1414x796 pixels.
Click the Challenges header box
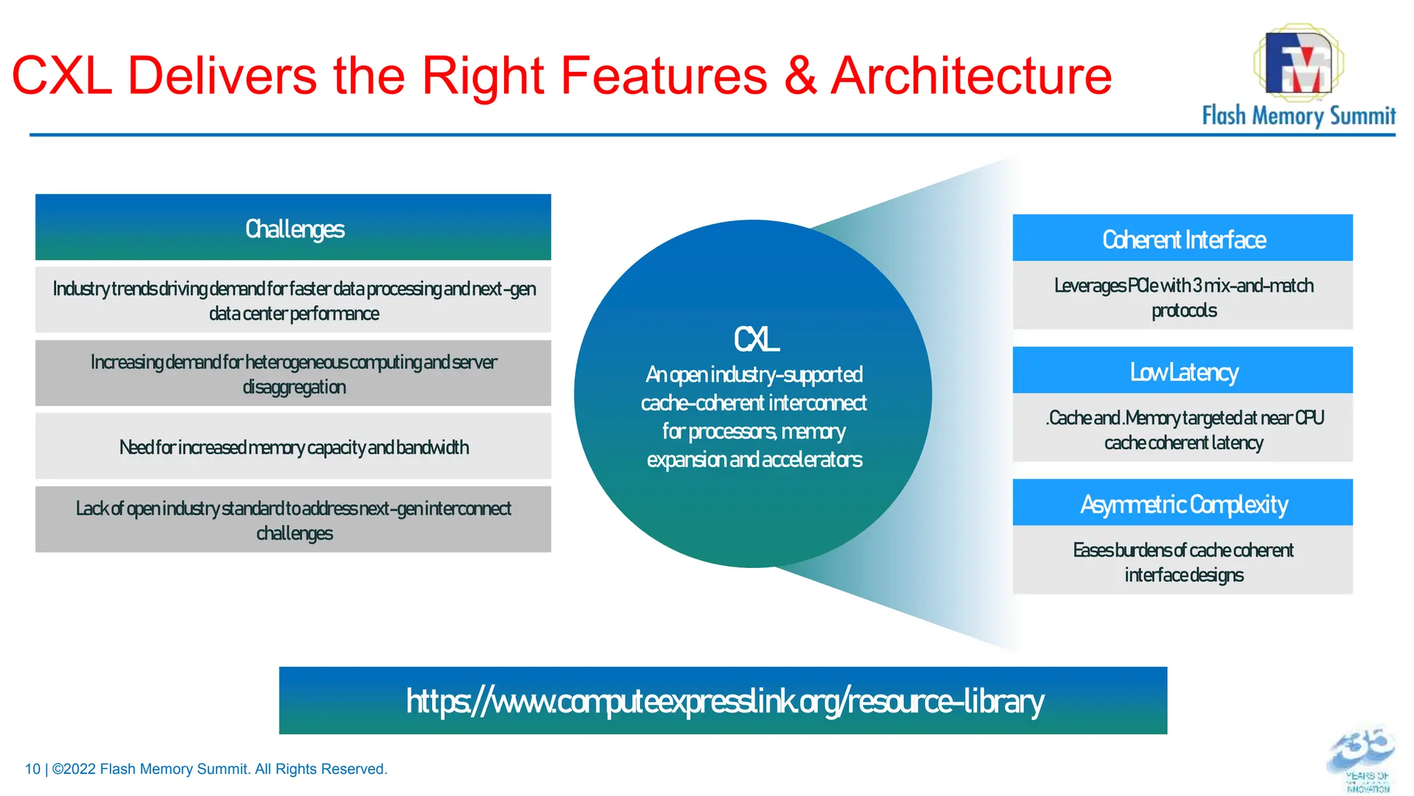coord(293,228)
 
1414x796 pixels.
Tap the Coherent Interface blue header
coord(1183,239)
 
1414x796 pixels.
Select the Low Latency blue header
coord(1183,372)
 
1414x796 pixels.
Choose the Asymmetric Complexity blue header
coord(1183,504)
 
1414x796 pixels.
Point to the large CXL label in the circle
coord(755,339)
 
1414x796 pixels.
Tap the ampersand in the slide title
coord(800,76)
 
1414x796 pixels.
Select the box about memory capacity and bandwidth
coord(293,447)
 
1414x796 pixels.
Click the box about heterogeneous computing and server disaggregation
coord(293,374)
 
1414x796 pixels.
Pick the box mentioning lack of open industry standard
coord(293,520)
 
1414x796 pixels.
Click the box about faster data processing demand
coord(293,301)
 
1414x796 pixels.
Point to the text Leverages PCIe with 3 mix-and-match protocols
coord(1183,297)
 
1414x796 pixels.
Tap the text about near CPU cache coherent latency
coord(1183,429)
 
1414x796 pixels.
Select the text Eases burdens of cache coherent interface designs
coord(1183,562)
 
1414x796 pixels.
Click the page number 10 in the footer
coord(32,769)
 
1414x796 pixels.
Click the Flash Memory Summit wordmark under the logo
coord(1298,115)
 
